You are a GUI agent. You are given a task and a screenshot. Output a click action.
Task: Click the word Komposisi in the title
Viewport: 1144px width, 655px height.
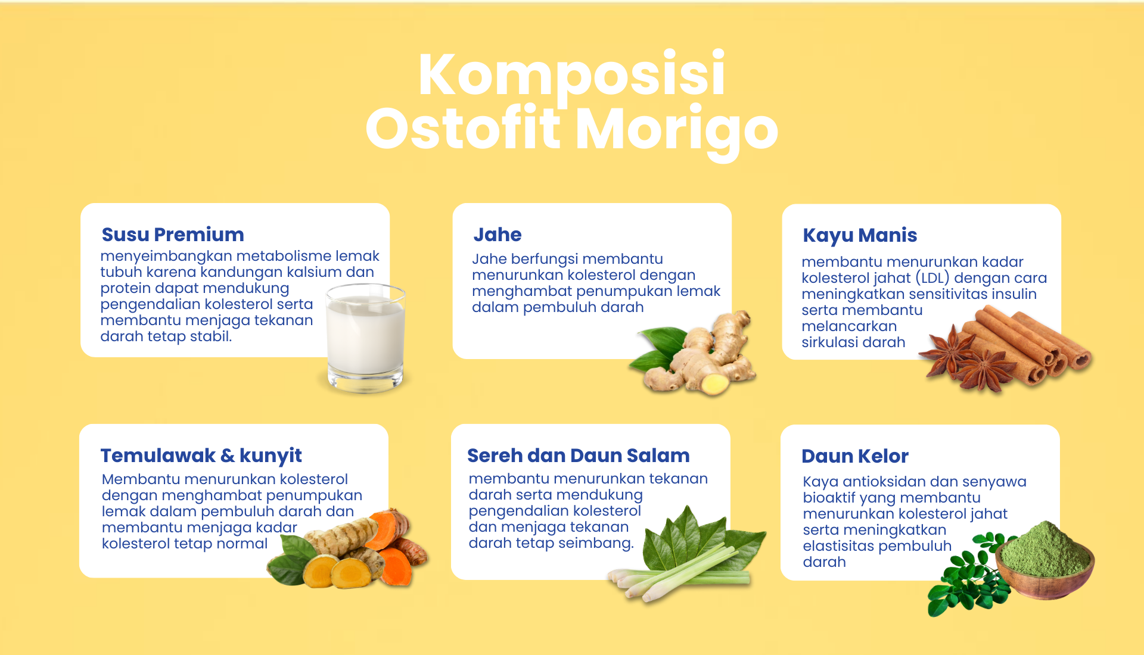[571, 76]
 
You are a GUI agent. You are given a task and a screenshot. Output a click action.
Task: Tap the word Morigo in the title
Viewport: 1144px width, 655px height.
[677, 131]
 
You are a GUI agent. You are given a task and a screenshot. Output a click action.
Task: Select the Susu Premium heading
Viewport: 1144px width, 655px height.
[173, 235]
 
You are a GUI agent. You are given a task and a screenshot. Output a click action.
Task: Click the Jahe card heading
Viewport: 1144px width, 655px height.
[498, 235]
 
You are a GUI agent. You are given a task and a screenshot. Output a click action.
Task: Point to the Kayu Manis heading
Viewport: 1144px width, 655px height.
[860, 236]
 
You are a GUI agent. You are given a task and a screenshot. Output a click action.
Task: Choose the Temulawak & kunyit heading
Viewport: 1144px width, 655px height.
[201, 456]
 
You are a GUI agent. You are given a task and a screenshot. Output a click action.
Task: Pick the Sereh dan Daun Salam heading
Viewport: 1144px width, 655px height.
[579, 456]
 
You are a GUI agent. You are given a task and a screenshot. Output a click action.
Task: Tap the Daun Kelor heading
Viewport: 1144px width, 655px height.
[855, 456]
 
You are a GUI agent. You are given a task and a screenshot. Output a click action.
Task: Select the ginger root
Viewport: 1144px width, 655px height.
[706, 357]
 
